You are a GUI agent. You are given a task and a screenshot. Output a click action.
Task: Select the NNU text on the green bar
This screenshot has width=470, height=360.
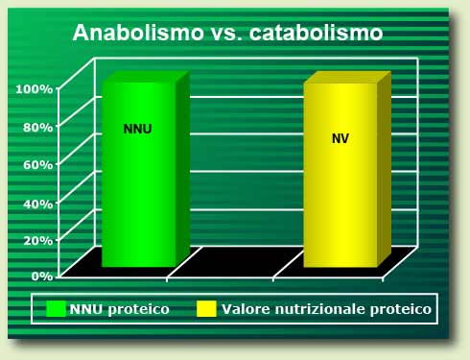(x=138, y=129)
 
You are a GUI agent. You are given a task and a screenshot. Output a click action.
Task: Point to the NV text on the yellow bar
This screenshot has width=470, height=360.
(x=341, y=138)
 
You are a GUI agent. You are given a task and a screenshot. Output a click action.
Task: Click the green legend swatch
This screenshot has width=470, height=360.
(x=56, y=309)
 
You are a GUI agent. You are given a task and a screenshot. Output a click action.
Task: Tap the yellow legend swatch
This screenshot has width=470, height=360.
(x=204, y=309)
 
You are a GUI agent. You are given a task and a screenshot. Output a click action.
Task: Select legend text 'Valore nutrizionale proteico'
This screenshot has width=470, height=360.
(x=326, y=309)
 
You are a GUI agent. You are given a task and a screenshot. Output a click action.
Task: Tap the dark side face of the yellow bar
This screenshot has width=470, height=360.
(x=384, y=168)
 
